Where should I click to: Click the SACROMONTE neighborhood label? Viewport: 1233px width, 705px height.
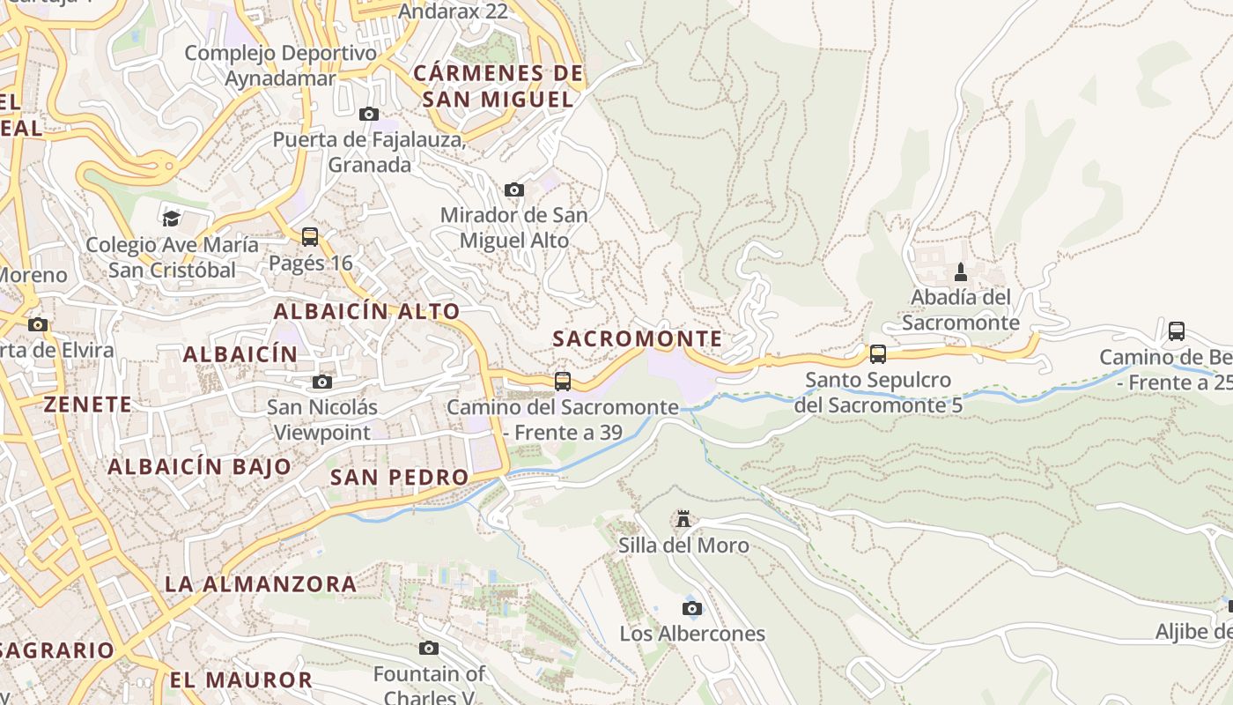coord(637,338)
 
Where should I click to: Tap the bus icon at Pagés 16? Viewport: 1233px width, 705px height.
coord(310,236)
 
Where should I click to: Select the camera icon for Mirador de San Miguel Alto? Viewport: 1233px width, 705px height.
coord(514,189)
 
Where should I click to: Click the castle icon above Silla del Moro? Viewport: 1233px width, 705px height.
coord(683,519)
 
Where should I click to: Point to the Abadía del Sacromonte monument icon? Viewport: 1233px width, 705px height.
coord(961,271)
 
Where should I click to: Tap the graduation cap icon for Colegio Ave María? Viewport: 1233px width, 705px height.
coord(171,218)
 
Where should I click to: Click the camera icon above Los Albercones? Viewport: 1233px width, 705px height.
coord(692,608)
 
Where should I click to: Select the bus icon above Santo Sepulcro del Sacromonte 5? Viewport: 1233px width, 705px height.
coord(877,354)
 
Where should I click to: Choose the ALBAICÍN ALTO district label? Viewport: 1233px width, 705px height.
coord(366,311)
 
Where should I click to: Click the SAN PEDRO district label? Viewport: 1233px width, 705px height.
coord(399,478)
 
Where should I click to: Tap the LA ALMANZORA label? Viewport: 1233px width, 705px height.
coord(261,583)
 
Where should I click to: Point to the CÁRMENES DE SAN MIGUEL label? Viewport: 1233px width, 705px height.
coord(498,86)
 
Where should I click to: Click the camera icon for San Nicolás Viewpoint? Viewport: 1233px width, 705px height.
coord(322,382)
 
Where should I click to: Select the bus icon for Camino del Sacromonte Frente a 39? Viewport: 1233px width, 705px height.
coord(563,382)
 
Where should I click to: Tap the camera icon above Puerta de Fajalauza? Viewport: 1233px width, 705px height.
coord(369,114)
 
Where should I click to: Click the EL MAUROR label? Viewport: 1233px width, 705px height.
coord(240,679)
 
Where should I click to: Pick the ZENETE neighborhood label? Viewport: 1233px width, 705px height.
coord(88,404)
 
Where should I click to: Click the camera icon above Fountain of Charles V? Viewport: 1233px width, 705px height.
coord(429,649)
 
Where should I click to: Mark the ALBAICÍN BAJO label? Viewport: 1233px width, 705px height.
coord(199,467)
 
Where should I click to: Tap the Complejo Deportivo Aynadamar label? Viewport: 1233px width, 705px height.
coord(280,65)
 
